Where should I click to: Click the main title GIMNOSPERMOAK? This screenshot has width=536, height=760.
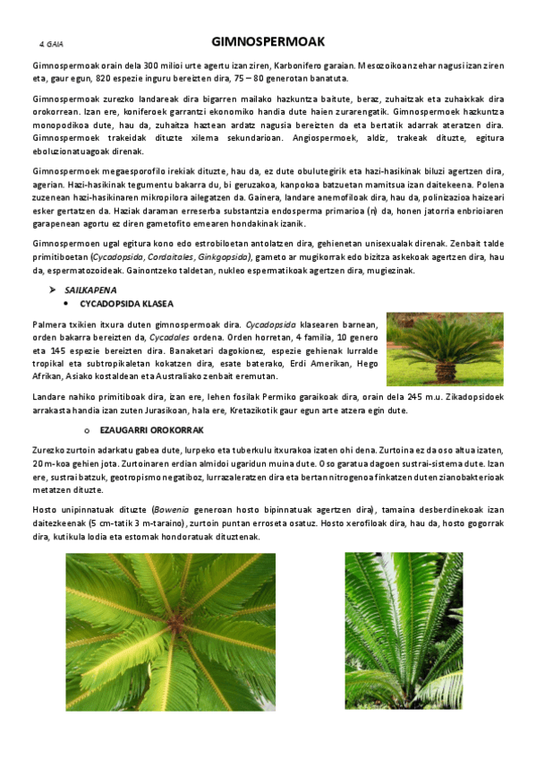pos(268,42)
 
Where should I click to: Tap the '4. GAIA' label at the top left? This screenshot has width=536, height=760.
pos(51,43)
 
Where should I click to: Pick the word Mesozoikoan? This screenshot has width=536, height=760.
pos(386,65)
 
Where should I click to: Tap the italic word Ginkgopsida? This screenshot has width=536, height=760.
pos(221,257)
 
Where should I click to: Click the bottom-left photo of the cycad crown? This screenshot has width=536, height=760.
pos(170,631)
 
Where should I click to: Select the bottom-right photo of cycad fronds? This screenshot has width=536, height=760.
pos(404,631)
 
